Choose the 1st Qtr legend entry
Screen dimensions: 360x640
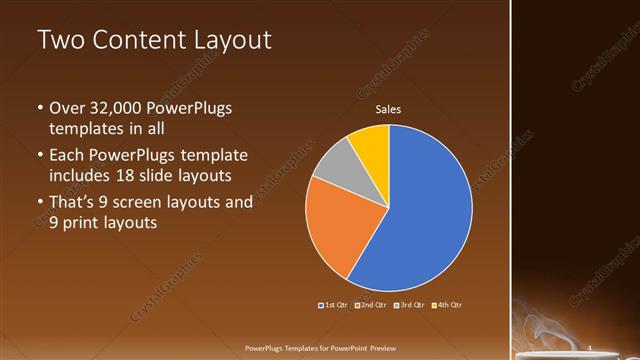pos(332,304)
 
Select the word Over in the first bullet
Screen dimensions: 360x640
pos(69,108)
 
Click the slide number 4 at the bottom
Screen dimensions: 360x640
pos(590,348)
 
